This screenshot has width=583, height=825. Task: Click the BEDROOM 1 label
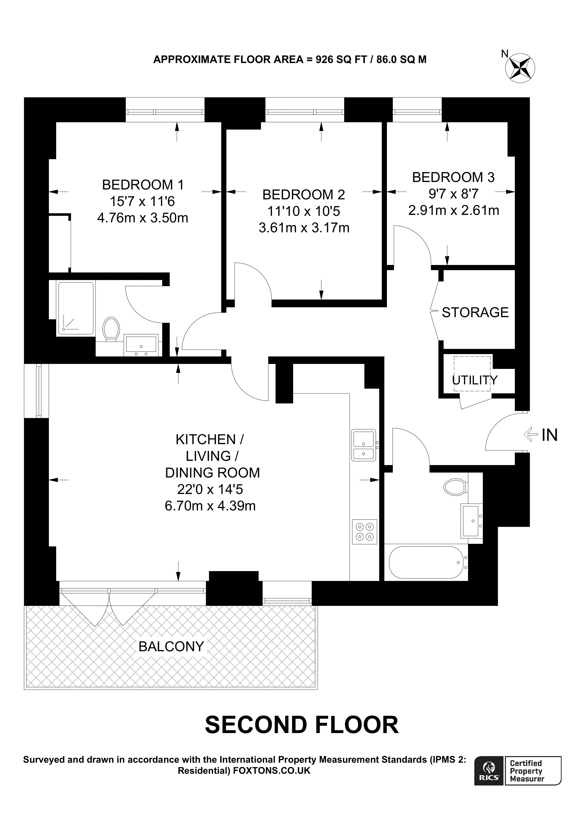coord(143,185)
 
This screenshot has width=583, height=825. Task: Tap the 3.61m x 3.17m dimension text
coord(304,228)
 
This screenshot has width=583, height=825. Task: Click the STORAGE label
coord(475,313)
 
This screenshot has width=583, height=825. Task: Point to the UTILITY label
coord(475,380)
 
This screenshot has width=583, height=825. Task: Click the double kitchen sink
coord(364,445)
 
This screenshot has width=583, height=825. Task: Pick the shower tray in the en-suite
coord(76,308)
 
